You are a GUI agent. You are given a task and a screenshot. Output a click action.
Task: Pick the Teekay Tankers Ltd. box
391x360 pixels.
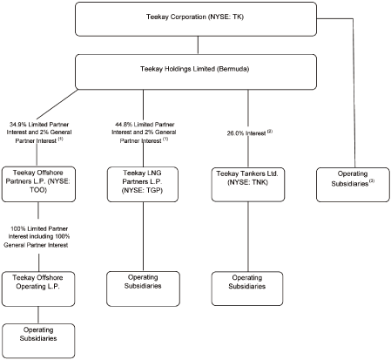point(249,180)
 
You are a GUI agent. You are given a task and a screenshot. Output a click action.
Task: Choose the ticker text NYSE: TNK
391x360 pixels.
point(249,186)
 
